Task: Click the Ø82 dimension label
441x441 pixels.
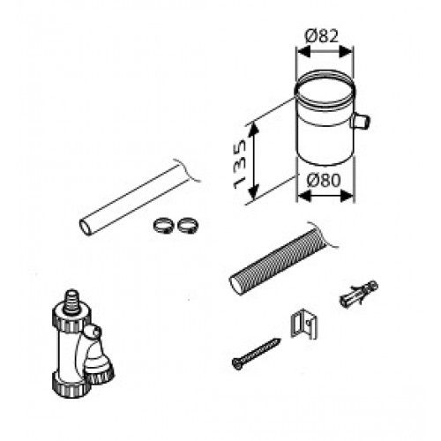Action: (x=322, y=36)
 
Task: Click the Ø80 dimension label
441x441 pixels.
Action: (x=324, y=180)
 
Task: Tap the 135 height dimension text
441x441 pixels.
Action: (x=240, y=164)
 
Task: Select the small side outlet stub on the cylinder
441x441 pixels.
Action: (x=360, y=121)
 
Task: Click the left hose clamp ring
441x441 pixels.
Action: (x=164, y=226)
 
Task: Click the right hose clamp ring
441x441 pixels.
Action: (x=188, y=225)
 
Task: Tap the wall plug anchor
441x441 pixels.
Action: (x=358, y=293)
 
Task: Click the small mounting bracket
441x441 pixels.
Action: (x=303, y=324)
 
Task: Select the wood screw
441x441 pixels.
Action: (x=256, y=354)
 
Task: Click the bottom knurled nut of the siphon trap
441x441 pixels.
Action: (x=71, y=385)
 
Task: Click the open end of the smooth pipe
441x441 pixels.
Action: (x=86, y=227)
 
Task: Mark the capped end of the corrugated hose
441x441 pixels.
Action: (x=237, y=285)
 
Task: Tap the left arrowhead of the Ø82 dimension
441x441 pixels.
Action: (x=303, y=53)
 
